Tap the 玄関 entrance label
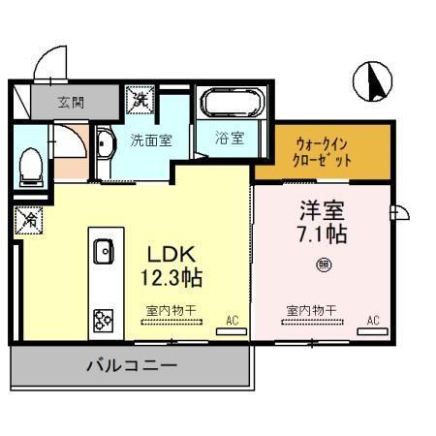pos(70,100)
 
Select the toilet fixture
pos(31,162)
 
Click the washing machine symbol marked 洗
pos(140,99)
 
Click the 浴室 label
pos(230,139)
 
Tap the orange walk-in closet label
pos(323,151)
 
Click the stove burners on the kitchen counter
pos(103,319)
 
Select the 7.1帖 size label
pos(323,234)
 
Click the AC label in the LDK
pos(232,318)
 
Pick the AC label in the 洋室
pos(372,318)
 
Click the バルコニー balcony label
pos(131,368)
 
